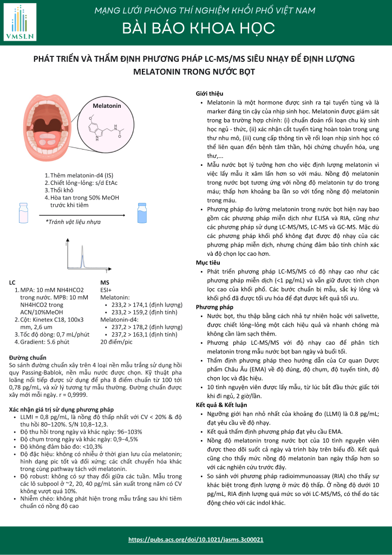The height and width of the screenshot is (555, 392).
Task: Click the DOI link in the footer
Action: (x=196, y=540)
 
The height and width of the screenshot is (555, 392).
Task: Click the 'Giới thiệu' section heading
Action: (x=209, y=94)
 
